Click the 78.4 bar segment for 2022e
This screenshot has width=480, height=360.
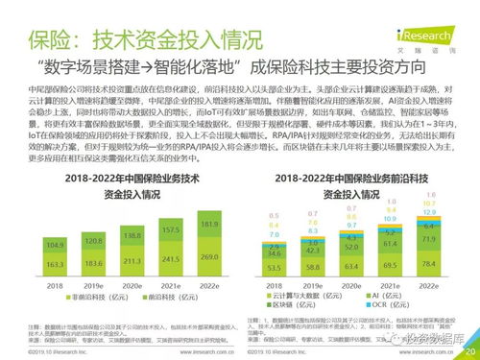click(429, 259)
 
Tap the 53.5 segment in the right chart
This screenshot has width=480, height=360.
click(276, 266)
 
